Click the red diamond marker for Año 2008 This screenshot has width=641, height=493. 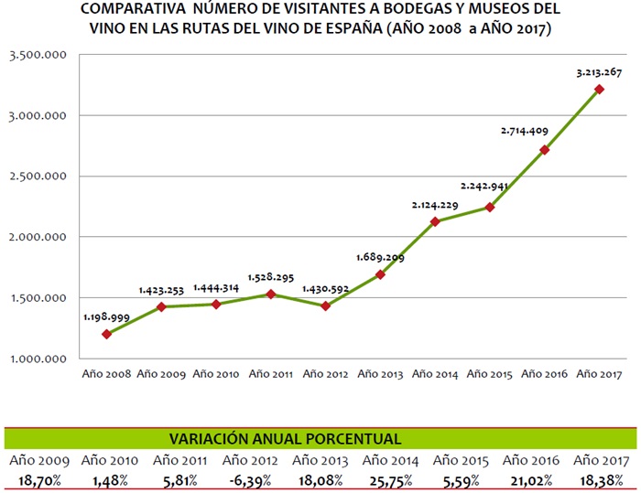pyautogui.click(x=108, y=334)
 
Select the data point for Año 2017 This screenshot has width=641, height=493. pyautogui.click(x=599, y=89)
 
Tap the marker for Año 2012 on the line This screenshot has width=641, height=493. pyautogui.click(x=326, y=305)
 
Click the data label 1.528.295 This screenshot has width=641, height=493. pyautogui.click(x=272, y=276)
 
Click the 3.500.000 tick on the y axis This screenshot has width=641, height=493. pyautogui.click(x=38, y=56)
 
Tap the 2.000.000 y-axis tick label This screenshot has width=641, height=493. pyautogui.click(x=38, y=237)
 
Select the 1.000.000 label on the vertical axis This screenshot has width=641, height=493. pyautogui.click(x=38, y=359)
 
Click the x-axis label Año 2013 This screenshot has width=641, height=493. pyautogui.click(x=381, y=374)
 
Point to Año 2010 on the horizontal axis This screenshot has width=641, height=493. pyautogui.click(x=217, y=374)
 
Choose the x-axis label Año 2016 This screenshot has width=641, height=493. pyautogui.click(x=544, y=374)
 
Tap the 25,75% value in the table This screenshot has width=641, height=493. pyautogui.click(x=395, y=478)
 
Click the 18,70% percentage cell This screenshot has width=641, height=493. pyautogui.click(x=39, y=478)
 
